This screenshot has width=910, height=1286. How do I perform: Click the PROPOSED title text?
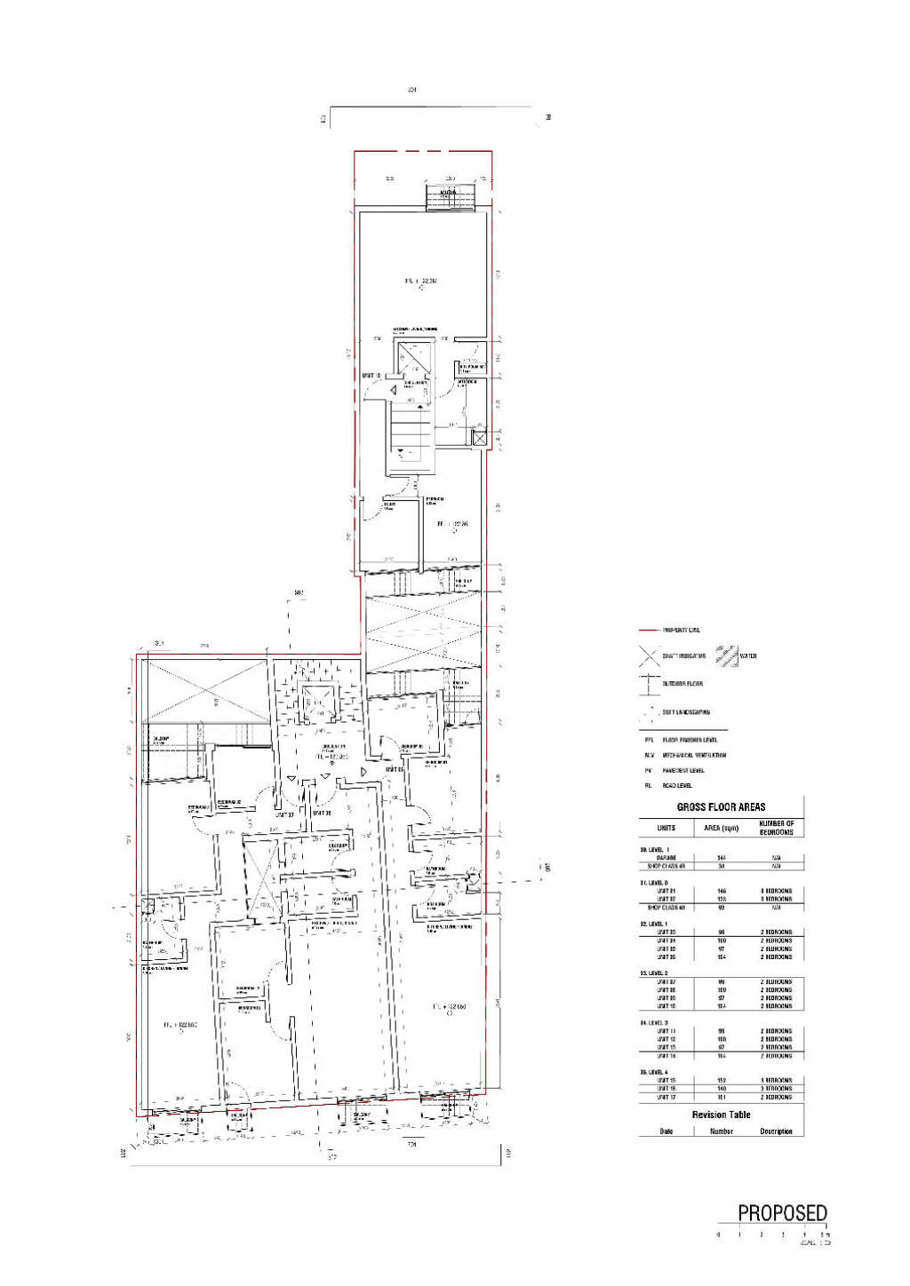(x=782, y=1213)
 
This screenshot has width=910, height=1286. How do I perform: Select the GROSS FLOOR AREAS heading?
(x=721, y=807)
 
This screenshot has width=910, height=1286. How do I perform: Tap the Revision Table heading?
(x=721, y=1115)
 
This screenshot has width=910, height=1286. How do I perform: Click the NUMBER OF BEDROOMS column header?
(x=776, y=828)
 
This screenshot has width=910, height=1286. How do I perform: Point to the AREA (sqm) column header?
(x=721, y=828)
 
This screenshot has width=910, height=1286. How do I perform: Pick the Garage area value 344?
(x=721, y=858)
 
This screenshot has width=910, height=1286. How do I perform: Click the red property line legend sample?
(x=649, y=630)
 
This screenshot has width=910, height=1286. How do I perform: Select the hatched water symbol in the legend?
(x=727, y=655)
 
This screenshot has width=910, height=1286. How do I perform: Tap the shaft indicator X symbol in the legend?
(x=649, y=656)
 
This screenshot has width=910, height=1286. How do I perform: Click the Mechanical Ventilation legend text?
(x=694, y=755)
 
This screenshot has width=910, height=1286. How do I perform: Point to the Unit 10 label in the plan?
(x=371, y=377)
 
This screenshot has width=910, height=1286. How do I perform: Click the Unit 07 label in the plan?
(x=284, y=814)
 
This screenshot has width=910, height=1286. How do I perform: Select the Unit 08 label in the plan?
(x=322, y=814)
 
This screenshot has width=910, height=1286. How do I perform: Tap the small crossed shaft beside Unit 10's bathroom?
(x=479, y=438)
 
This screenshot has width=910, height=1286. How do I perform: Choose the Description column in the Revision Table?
(x=776, y=1131)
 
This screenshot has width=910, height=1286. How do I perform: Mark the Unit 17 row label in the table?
(x=666, y=1098)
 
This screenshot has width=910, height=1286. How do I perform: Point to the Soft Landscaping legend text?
(x=686, y=712)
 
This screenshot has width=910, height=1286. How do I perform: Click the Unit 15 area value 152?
(x=721, y=1081)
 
